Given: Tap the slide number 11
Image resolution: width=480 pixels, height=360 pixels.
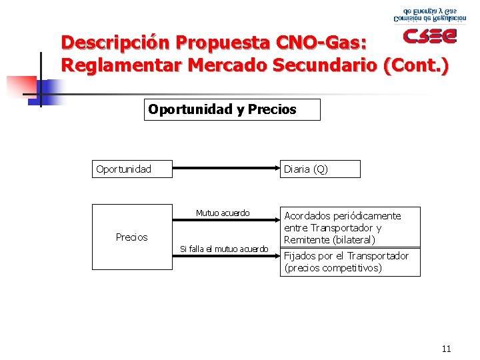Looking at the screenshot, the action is (446, 349).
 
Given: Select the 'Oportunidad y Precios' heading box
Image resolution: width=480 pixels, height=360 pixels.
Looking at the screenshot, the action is (232, 109).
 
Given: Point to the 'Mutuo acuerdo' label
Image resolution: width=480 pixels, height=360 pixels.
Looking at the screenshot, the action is (223, 213).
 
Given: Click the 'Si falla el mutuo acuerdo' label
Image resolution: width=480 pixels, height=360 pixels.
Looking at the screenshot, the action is (224, 249).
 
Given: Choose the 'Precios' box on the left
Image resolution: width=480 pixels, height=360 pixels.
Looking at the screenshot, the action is (131, 237).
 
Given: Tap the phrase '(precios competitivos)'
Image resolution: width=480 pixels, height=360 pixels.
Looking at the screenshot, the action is (333, 268).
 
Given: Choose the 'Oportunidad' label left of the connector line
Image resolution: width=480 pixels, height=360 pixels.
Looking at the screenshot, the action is (123, 169).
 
